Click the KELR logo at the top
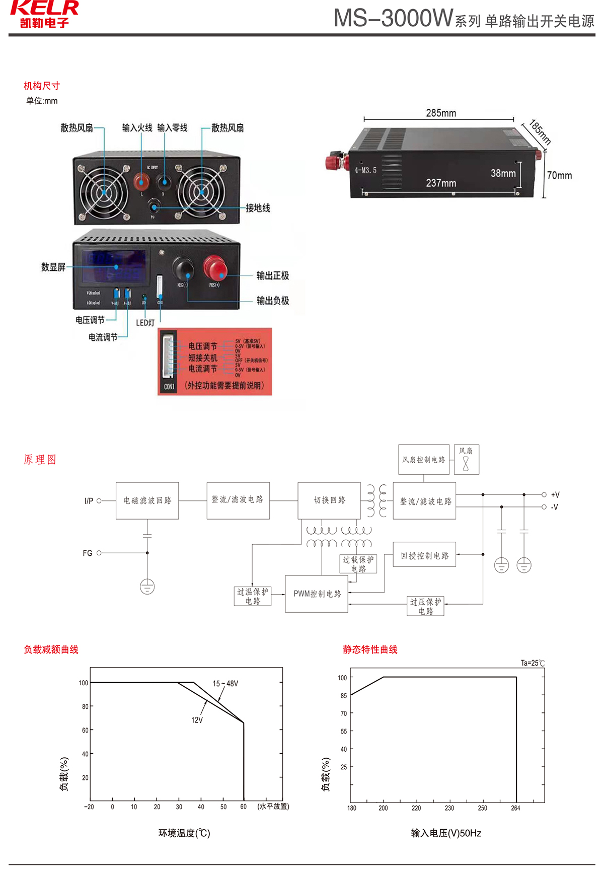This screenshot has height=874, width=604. (44, 13)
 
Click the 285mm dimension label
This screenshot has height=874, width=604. (441, 113)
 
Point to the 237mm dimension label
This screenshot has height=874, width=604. (441, 183)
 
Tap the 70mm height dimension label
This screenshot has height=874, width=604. (559, 175)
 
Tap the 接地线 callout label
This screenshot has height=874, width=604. (258, 208)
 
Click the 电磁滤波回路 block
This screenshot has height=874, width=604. (147, 500)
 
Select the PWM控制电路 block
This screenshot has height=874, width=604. (317, 594)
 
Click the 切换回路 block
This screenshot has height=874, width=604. (329, 500)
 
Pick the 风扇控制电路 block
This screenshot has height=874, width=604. (423, 460)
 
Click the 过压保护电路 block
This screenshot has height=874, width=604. (425, 606)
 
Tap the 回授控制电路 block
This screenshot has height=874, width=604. (424, 555)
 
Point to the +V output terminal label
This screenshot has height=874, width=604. (555, 495)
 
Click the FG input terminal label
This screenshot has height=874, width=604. (88, 553)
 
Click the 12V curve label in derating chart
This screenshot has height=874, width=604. (197, 720)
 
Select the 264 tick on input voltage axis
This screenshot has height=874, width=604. (515, 808)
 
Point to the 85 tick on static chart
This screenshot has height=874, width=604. (344, 695)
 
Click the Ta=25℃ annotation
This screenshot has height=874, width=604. (533, 663)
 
